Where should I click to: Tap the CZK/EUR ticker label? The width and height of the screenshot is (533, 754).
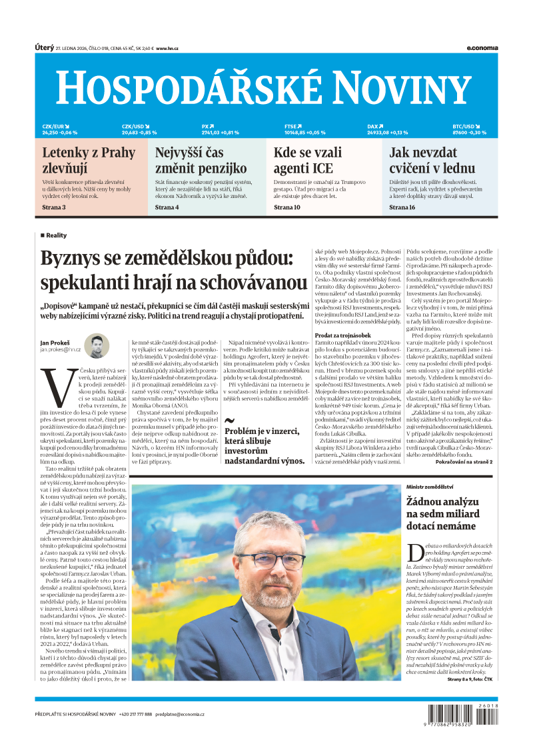[x=54, y=126]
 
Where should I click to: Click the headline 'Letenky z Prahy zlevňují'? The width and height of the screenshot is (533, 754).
[x=89, y=160]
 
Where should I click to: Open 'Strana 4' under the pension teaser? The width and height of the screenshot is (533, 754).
[x=167, y=207]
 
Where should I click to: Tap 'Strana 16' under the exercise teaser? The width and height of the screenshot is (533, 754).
[x=402, y=207]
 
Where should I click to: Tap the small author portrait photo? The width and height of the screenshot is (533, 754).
[x=97, y=345]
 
